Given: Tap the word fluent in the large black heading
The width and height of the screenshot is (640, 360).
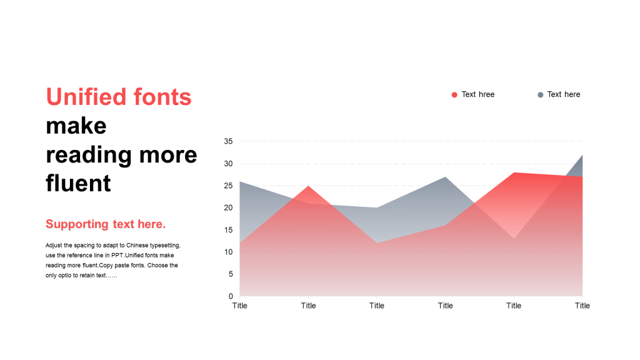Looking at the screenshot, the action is coord(78,183).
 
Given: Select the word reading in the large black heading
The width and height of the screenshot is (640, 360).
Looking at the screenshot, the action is coord(89,156).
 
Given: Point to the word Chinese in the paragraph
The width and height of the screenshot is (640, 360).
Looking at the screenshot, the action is coord(137,245).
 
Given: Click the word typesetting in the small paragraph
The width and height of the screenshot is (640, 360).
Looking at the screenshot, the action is coord(165,246).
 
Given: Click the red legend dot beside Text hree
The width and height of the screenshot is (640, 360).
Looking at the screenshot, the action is coord(454,95).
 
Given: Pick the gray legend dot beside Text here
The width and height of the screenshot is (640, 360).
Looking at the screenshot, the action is coord(541,95).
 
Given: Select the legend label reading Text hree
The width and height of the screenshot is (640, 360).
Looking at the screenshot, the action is coord(478,94).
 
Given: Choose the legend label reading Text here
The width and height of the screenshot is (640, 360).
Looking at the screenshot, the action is coord(564,94).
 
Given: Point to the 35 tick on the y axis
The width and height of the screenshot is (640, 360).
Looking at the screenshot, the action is coord(228,141).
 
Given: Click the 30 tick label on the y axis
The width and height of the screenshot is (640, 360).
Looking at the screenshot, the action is coord(228,164).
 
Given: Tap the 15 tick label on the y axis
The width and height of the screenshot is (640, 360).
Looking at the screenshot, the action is coord(228,230).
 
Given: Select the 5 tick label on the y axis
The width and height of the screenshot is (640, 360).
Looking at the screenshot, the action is coord(231,274).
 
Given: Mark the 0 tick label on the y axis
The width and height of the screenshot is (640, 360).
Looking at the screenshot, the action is coord(231,296).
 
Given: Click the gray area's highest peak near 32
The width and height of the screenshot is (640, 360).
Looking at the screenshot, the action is coord(582,155).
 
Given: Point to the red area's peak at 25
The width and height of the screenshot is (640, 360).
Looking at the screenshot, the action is coord(308,186).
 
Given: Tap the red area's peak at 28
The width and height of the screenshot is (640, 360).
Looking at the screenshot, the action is coord(514,172).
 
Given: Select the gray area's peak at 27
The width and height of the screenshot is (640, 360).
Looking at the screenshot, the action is coord(445,177).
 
